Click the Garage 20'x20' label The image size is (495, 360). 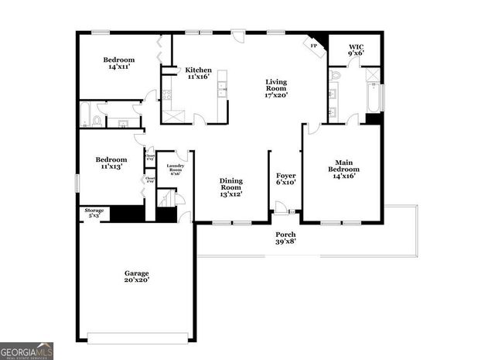click(137, 276)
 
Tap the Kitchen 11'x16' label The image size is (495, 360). click(198, 73)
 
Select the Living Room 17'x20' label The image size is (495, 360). click(276, 89)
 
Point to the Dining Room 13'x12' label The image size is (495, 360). click(230, 187)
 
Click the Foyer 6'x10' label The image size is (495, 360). click(286, 180)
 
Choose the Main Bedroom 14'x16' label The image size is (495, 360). click(343, 172)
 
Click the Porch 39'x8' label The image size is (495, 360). click(286, 238)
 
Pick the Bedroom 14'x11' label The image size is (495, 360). click(119, 64)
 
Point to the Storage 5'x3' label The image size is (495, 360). click(94, 212)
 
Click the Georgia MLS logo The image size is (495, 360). click(27, 351)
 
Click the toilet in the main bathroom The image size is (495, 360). click(335, 76)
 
